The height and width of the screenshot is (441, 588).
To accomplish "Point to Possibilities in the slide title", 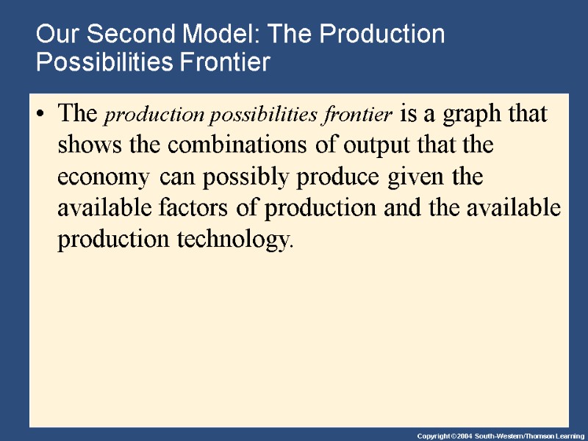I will [x=103, y=63].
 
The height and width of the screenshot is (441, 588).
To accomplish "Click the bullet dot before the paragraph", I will [x=40, y=115].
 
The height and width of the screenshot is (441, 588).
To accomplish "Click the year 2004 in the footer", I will [x=462, y=435].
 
